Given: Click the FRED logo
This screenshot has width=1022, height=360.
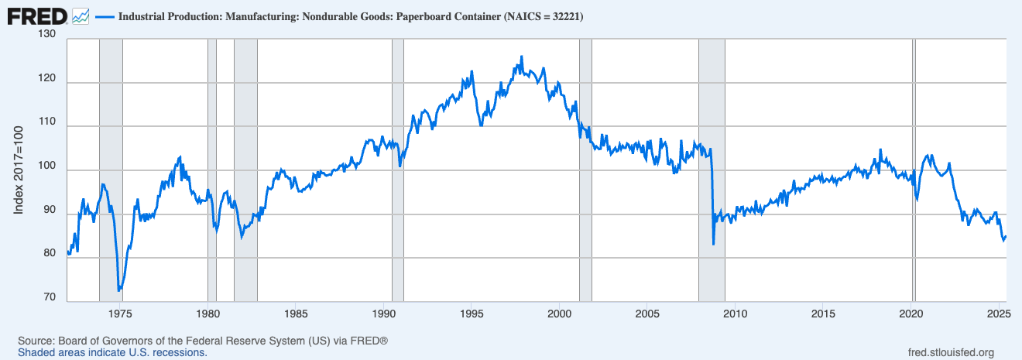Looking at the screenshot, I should click(x=36, y=15).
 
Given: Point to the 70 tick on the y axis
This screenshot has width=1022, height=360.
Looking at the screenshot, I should click(x=50, y=297).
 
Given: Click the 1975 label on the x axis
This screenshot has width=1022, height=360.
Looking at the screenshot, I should click(x=120, y=314).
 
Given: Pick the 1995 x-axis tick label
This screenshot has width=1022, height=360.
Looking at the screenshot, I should click(x=472, y=314).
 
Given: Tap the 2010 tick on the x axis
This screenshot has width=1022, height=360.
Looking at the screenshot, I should click(x=736, y=314).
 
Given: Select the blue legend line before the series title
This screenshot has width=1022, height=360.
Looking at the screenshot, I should click(x=105, y=15).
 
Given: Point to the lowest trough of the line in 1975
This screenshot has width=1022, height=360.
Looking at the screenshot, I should click(x=118, y=290).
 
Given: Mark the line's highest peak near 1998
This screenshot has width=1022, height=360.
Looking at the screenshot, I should click(x=521, y=57).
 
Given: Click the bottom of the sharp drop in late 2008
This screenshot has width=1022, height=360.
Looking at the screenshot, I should click(x=713, y=245).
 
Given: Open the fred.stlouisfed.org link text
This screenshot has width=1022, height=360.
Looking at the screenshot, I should click(x=950, y=352).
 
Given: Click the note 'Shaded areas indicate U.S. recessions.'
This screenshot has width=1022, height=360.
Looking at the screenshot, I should click(x=112, y=352).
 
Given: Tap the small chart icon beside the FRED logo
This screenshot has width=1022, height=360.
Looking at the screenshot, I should click(x=80, y=15).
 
